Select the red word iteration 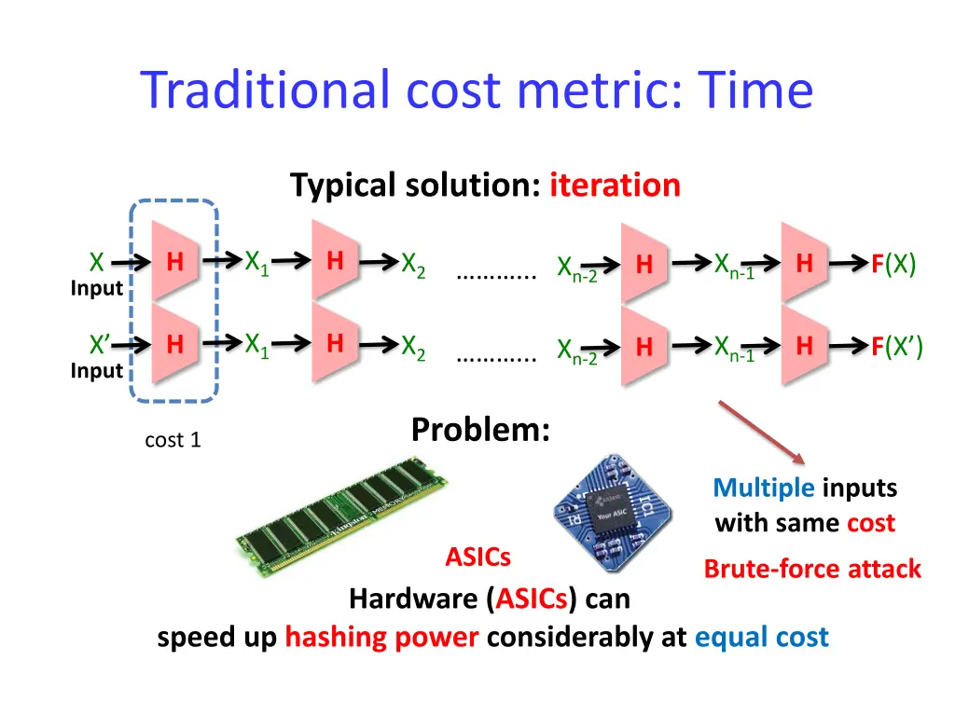click(615, 186)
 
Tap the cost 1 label click(173, 440)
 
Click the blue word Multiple click(764, 488)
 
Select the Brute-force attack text click(812, 569)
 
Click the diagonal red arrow click(761, 432)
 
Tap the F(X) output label click(893, 265)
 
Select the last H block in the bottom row click(805, 348)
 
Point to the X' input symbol click(99, 346)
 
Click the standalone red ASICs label click(477, 558)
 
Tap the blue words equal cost click(761, 638)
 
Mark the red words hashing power click(381, 638)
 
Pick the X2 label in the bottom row click(413, 347)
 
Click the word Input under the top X click(97, 288)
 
